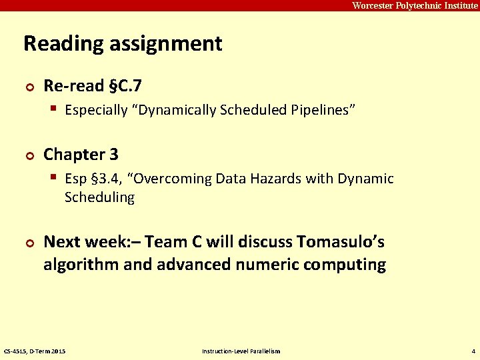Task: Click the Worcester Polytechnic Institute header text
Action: click(x=415, y=5)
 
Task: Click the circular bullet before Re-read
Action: click(x=28, y=86)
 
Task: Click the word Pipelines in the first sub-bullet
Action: click(x=323, y=110)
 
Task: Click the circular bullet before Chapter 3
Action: click(x=28, y=155)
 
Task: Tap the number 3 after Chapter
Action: click(x=114, y=154)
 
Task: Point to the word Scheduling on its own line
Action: click(x=99, y=197)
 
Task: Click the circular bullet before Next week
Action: click(x=28, y=242)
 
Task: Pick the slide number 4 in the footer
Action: click(x=473, y=351)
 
